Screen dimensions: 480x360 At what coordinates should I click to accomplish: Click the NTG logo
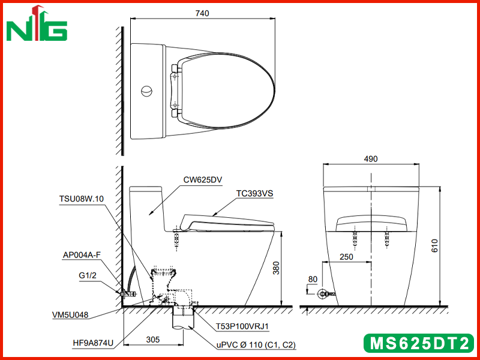[37, 24]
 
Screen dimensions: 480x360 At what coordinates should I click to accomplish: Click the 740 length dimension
[202, 13]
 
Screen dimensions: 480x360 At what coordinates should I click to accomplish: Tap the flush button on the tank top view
[146, 91]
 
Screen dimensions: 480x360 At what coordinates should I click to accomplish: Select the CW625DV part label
[202, 179]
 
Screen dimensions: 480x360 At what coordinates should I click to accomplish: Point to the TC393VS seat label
[254, 194]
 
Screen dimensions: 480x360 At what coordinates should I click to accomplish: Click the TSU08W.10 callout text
[82, 199]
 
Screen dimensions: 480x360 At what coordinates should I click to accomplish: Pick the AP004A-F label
[82, 255]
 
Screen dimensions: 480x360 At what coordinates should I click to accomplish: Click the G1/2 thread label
[88, 275]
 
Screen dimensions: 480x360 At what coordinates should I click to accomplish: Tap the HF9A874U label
[93, 343]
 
